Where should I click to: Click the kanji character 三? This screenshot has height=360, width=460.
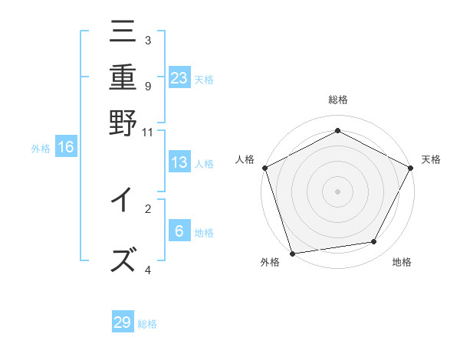click(123, 34)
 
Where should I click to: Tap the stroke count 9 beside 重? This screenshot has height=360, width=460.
click(147, 86)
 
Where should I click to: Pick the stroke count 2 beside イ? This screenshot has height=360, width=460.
click(147, 208)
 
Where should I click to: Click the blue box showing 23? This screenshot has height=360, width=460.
click(179, 77)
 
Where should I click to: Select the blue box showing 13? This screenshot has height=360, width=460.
click(179, 162)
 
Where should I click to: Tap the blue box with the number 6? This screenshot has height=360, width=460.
click(179, 231)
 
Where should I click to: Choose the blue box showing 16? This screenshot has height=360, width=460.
click(66, 147)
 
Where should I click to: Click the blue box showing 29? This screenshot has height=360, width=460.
click(123, 322)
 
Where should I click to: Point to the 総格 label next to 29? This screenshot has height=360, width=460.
click(147, 324)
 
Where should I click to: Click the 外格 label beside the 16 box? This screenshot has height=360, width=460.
click(40, 149)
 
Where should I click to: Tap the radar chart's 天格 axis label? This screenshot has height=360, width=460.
click(431, 159)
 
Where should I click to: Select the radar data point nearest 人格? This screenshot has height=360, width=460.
click(265, 168)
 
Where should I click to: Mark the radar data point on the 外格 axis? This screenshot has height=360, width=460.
click(292, 253)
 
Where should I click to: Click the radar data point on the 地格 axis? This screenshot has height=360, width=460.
click(374, 242)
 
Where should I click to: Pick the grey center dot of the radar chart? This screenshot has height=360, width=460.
click(337, 191)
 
